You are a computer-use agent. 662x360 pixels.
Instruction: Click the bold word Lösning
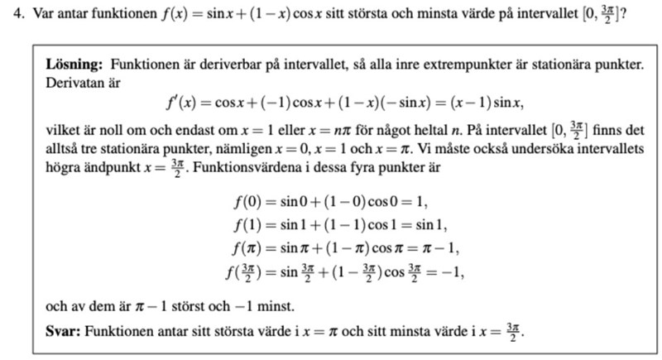click(74, 64)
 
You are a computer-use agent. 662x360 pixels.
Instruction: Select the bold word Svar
click(62, 330)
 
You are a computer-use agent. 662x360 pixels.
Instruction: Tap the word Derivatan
click(73, 83)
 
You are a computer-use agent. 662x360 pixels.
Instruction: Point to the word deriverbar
click(228, 64)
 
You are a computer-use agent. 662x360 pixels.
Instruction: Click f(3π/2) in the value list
click(246, 271)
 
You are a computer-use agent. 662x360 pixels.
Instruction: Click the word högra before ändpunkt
click(65, 167)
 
